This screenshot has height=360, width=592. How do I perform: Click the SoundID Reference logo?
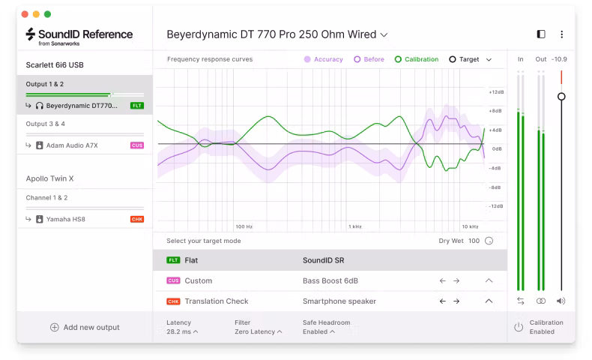(x=79, y=35)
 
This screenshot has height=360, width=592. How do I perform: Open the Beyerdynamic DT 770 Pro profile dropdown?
(x=277, y=34)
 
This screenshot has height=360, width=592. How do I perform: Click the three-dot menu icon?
(x=561, y=34)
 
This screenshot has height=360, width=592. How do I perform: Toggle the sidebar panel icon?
(x=541, y=34)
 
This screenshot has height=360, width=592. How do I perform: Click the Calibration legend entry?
(x=416, y=59)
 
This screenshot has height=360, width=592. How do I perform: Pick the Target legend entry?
(x=464, y=59)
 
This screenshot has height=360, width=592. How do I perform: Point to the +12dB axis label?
(x=495, y=91)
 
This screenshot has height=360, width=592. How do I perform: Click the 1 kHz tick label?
(x=355, y=226)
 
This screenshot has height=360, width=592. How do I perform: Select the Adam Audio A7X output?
(x=72, y=145)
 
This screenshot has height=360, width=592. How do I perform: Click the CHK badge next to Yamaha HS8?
(x=136, y=219)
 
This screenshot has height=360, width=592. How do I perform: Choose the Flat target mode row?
(x=330, y=260)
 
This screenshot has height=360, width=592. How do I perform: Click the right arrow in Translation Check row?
(x=456, y=301)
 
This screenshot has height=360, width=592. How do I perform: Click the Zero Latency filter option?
(x=256, y=331)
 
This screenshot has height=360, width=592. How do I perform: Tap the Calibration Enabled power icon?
(x=518, y=327)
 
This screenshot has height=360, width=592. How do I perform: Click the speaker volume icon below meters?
(x=561, y=301)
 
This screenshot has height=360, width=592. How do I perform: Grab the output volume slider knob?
(x=561, y=97)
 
